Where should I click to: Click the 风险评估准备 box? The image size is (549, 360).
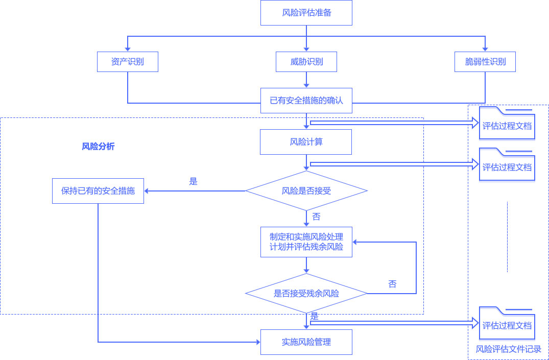[x=306, y=13]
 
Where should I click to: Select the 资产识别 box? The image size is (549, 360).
[x=127, y=62]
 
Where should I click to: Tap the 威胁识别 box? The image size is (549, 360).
[x=306, y=62]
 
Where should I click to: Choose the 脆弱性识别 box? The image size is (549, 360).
[x=485, y=62]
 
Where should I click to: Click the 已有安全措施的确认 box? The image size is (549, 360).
[x=306, y=101]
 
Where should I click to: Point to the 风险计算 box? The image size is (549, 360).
[x=306, y=142]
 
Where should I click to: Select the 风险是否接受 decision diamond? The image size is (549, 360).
[x=306, y=191]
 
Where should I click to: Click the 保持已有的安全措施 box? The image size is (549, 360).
[x=98, y=191]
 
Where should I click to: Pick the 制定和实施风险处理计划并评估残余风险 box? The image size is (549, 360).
[x=306, y=242]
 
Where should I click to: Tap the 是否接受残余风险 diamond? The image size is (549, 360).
[x=306, y=294]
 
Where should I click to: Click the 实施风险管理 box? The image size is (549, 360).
[x=306, y=342]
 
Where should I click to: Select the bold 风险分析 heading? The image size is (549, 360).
[x=98, y=147]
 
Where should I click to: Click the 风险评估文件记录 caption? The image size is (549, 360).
[x=508, y=349]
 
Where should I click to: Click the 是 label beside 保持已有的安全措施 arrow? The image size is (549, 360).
[x=193, y=181]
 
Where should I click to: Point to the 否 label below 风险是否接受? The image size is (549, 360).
[x=316, y=217]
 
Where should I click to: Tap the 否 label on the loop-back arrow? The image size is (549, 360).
[x=392, y=284]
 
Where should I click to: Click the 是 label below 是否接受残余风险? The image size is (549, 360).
[x=315, y=317]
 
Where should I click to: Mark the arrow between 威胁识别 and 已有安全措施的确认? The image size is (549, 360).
[x=306, y=79]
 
